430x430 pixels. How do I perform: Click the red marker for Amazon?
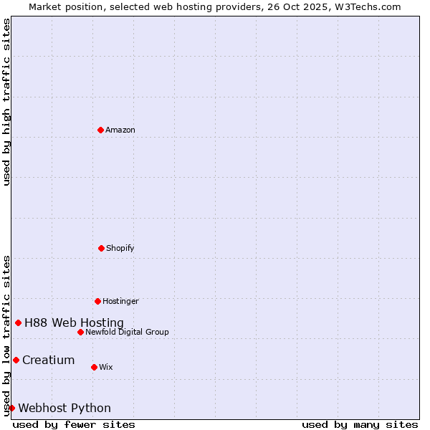pyautogui.click(x=100, y=130)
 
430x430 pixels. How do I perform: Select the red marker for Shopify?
pyautogui.click(x=101, y=248)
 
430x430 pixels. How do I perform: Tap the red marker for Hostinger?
pyautogui.click(x=97, y=301)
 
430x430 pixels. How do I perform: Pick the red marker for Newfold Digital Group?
pyautogui.click(x=80, y=332)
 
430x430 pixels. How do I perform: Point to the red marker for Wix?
pyautogui.click(x=94, y=367)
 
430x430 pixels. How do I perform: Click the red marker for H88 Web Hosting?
pyautogui.click(x=18, y=322)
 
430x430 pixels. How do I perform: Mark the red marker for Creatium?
pyautogui.click(x=16, y=360)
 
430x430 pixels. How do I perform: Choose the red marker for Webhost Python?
pyautogui.click(x=11, y=408)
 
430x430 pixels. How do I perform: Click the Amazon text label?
pyautogui.click(x=120, y=130)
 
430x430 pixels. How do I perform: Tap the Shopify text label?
pyautogui.click(x=120, y=248)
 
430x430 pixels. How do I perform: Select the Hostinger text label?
pyautogui.click(x=120, y=301)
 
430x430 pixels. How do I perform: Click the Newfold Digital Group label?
pyautogui.click(x=127, y=332)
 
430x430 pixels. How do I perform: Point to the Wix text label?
pyautogui.click(x=106, y=367)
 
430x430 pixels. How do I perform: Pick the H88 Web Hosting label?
pyautogui.click(x=74, y=322)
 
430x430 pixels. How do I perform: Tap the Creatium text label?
pyautogui.click(x=48, y=360)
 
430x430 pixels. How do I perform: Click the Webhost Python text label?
pyautogui.click(x=64, y=408)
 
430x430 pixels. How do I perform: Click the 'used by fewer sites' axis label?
pyautogui.click(x=74, y=424)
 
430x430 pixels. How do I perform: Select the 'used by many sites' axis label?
pyautogui.click(x=360, y=424)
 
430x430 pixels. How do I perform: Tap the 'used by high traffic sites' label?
pyautogui.click(x=6, y=102)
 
